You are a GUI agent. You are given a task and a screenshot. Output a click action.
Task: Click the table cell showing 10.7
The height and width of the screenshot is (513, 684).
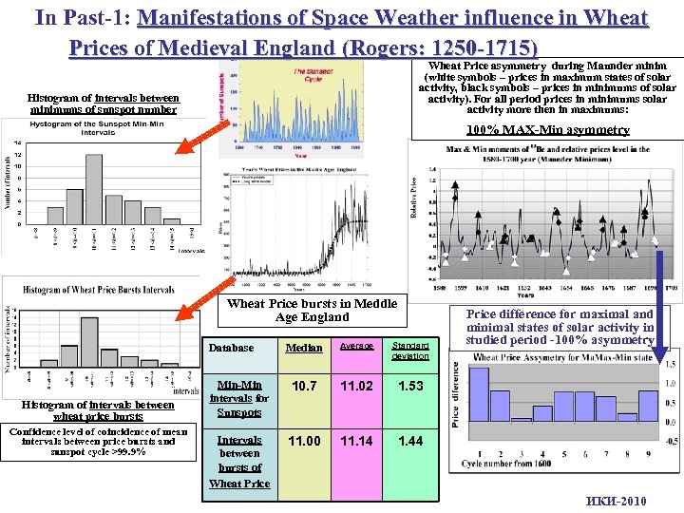[x=303, y=386]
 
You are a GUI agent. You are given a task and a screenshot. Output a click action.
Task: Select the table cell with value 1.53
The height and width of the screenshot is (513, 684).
[x=411, y=386]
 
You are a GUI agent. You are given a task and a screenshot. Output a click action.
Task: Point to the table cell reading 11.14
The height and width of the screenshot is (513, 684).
[x=357, y=441]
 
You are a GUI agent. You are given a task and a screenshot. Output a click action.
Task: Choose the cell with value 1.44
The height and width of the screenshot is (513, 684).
[x=411, y=441]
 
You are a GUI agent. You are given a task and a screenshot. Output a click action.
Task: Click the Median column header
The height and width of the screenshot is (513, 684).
[x=303, y=348]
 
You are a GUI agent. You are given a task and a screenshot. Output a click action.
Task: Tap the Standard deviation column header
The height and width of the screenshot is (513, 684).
[x=411, y=349]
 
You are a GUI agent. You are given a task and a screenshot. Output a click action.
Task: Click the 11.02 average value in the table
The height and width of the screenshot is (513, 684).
[x=357, y=386]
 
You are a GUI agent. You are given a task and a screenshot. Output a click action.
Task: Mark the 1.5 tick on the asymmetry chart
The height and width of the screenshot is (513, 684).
[x=671, y=365]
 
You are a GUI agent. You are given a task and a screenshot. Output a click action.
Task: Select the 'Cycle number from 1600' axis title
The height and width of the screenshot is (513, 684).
[x=508, y=463]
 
